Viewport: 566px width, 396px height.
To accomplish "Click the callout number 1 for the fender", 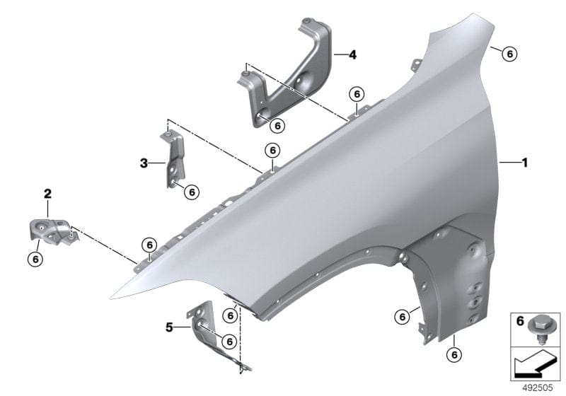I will [524, 162].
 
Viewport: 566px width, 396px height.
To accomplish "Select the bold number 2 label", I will [47, 192].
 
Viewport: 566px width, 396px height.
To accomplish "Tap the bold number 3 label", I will [144, 163].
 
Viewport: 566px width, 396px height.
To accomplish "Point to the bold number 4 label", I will [352, 54].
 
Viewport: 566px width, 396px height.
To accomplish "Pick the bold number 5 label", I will [169, 327].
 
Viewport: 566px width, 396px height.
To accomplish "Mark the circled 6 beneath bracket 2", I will [35, 259].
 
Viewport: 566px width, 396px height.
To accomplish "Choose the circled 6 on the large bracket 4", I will [277, 125].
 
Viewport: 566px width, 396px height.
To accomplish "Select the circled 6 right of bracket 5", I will [229, 341].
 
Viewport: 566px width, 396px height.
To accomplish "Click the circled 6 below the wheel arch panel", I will [454, 354].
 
